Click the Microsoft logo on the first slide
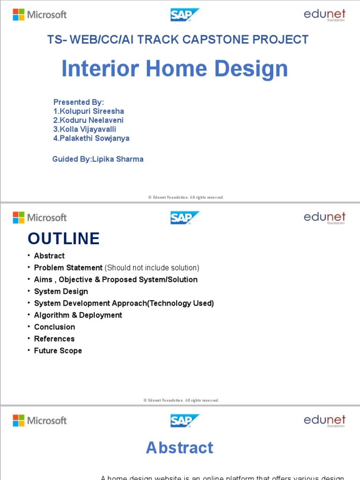click(39, 15)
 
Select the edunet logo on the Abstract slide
click(324, 420)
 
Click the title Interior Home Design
click(174, 69)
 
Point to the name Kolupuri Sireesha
click(89, 111)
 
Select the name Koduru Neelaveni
click(88, 120)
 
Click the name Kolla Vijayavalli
click(85, 129)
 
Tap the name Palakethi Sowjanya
click(91, 138)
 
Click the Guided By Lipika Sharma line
click(98, 159)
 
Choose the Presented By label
click(78, 102)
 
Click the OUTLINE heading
click(64, 239)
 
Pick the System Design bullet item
click(61, 291)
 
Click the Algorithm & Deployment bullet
click(78, 315)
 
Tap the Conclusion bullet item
click(54, 327)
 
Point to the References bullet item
click(54, 338)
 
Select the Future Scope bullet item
click(58, 351)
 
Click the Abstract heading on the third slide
click(180, 448)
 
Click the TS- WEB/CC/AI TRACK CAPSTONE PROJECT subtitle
click(178, 40)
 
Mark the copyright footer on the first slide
click(186, 197)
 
